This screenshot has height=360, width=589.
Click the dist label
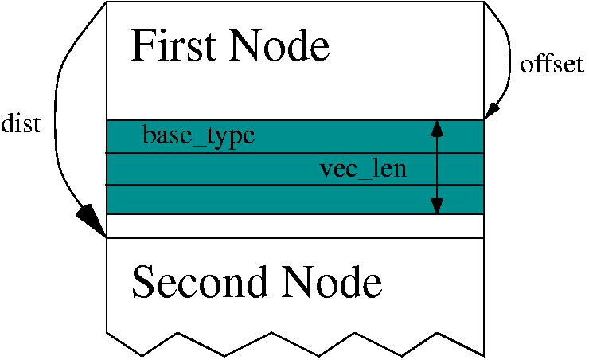[x=21, y=124]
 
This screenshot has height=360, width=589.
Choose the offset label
[x=552, y=65]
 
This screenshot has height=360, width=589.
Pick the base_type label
[x=199, y=136]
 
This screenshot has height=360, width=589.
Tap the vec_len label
[x=363, y=169]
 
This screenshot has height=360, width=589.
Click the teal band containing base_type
[x=318, y=136]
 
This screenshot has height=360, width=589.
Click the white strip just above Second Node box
[x=294, y=226]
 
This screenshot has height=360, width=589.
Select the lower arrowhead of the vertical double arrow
[x=436, y=205]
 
